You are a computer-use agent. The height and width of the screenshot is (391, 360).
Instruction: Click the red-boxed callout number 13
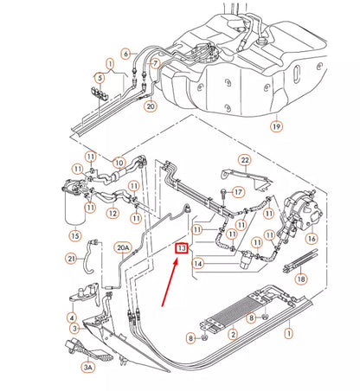(x=180, y=249)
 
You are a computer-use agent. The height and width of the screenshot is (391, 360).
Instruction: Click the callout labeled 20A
(x=122, y=248)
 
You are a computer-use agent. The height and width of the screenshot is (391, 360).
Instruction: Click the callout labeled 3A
(x=87, y=367)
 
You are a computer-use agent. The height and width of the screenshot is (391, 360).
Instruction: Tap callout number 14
(x=198, y=263)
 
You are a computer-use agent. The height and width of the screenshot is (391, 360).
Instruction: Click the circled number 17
(x=240, y=190)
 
